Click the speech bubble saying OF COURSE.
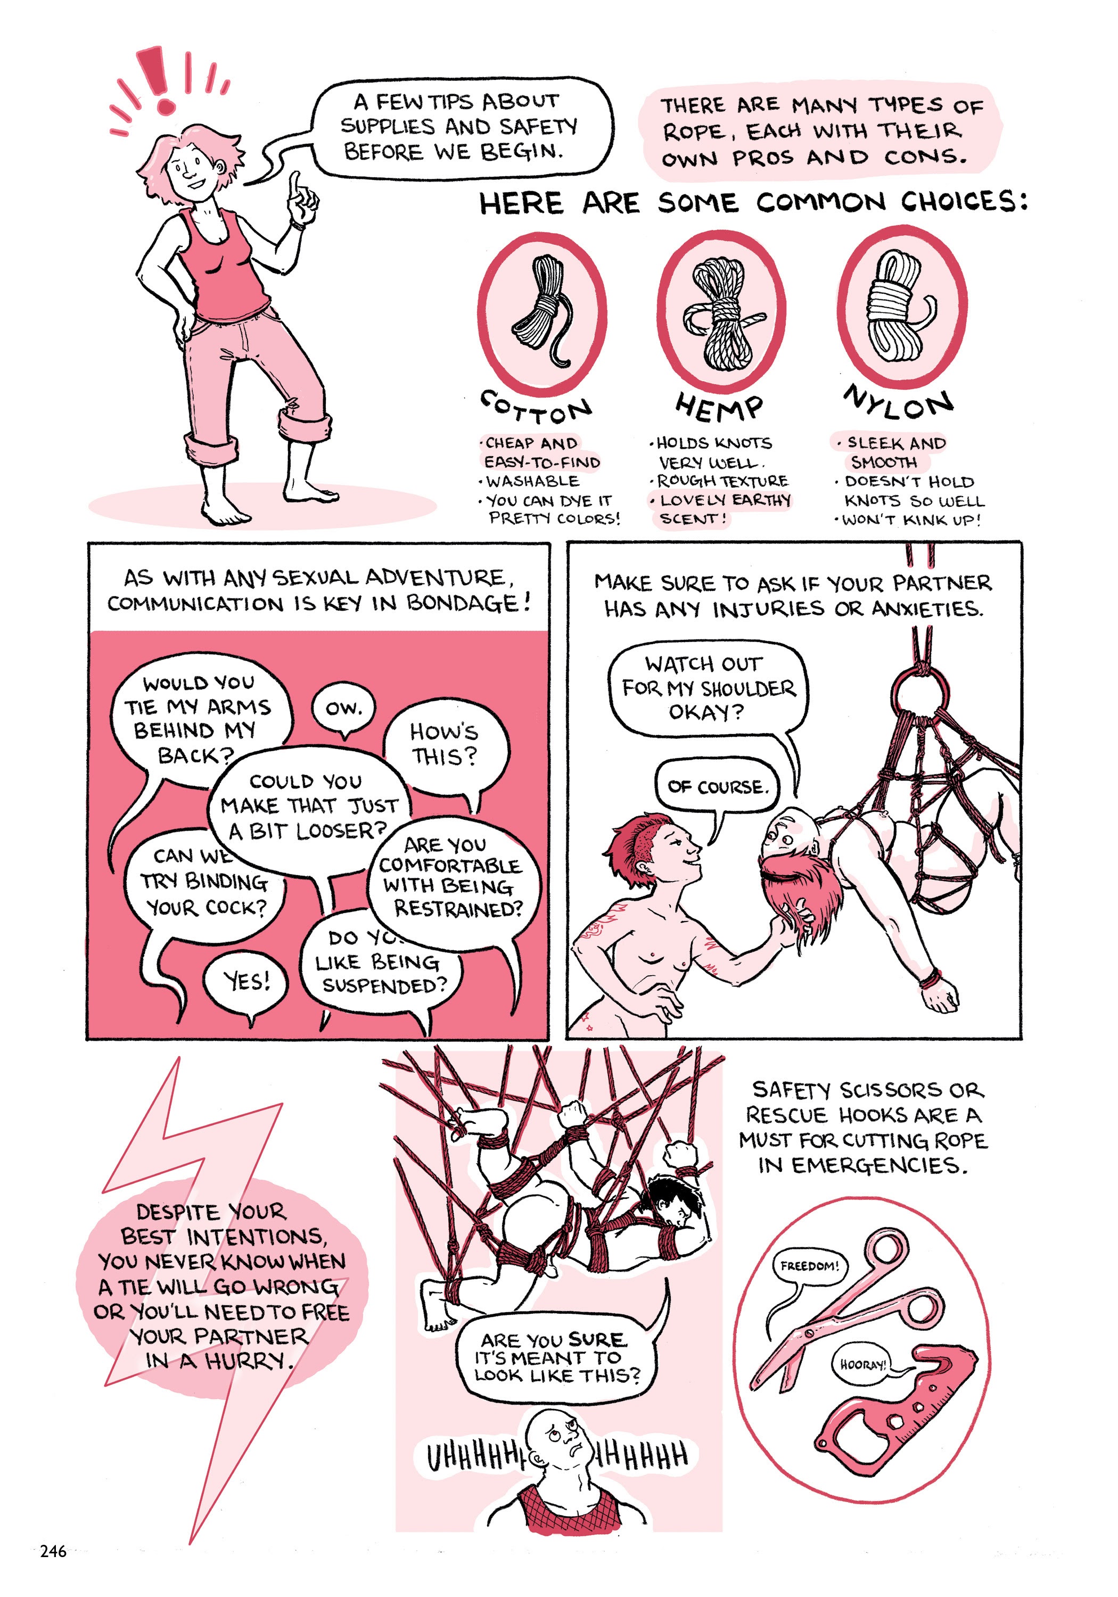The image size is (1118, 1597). tap(718, 787)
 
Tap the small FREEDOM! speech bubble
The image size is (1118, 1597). tap(809, 1265)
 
